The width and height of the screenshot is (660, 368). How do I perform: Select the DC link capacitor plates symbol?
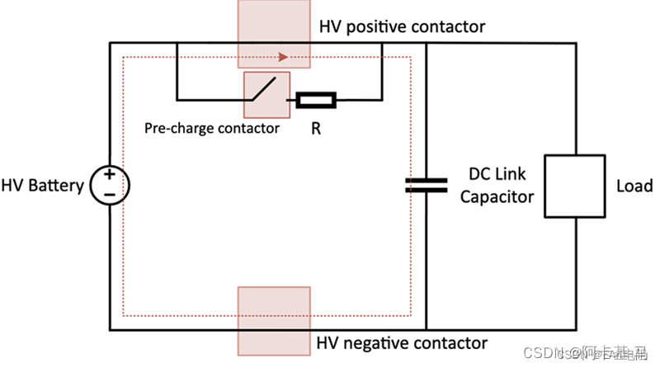point(426,185)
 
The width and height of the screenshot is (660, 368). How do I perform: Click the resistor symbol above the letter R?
point(316,101)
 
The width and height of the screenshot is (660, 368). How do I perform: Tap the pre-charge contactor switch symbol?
point(265,94)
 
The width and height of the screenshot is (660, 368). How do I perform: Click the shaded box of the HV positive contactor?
point(273,33)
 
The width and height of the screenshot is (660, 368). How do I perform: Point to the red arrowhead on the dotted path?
point(284,58)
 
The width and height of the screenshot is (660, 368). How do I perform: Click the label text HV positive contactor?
point(402,27)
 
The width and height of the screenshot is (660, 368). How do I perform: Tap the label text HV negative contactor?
point(402,342)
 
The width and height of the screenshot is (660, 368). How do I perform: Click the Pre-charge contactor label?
point(212,128)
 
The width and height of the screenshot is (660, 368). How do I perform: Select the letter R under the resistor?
point(316,129)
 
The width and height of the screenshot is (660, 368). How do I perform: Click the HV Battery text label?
point(42,186)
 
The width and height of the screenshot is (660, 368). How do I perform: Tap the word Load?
point(634,186)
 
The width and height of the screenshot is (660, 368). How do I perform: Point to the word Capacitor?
point(497,196)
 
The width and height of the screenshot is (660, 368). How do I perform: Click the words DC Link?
point(497,175)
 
